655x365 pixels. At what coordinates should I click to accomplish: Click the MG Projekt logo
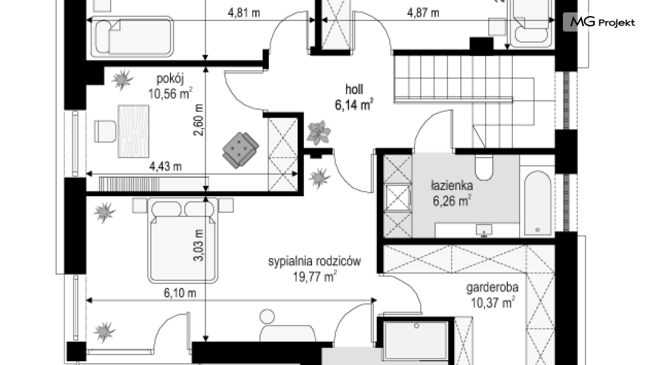click(599, 22)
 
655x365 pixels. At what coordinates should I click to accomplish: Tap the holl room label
click(354, 89)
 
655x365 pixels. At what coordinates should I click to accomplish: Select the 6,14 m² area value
click(354, 105)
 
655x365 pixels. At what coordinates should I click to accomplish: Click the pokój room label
click(170, 79)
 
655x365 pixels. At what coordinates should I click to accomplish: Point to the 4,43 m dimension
click(166, 166)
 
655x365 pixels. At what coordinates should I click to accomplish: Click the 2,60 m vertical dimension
click(198, 119)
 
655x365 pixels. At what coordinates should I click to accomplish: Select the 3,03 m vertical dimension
click(198, 246)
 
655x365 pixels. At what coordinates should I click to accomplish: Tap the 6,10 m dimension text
click(180, 293)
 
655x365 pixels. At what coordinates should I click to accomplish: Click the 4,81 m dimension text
click(243, 12)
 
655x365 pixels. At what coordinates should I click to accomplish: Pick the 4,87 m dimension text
click(423, 12)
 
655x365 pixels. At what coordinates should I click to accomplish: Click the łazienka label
click(452, 185)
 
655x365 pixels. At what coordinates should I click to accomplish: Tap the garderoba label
click(492, 287)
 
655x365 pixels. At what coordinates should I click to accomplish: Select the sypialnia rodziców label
click(314, 261)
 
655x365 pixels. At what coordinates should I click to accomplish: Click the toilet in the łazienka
click(484, 167)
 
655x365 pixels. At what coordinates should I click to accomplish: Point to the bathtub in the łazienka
click(538, 203)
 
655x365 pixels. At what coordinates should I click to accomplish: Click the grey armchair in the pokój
click(240, 150)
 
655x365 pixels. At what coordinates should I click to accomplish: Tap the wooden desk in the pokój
click(133, 131)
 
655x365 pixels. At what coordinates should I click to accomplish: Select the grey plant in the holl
click(319, 132)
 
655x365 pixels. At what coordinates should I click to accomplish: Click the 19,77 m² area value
click(315, 277)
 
